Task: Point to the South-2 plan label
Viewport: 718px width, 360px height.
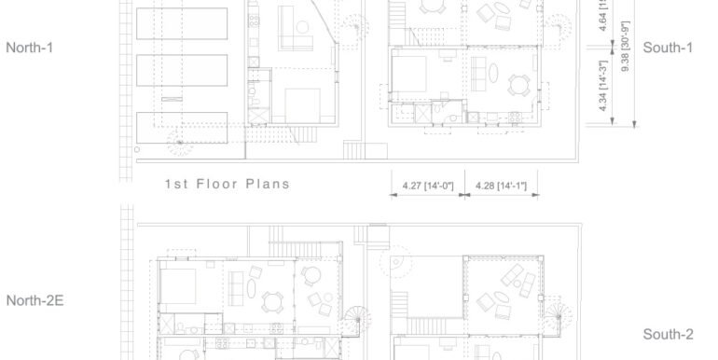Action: point(668,335)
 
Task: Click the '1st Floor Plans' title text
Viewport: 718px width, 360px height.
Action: point(227,184)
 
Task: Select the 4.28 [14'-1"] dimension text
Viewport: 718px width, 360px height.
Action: point(501,187)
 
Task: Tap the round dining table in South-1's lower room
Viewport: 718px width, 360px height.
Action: point(518,84)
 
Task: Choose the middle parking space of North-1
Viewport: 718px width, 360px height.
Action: point(182,69)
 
